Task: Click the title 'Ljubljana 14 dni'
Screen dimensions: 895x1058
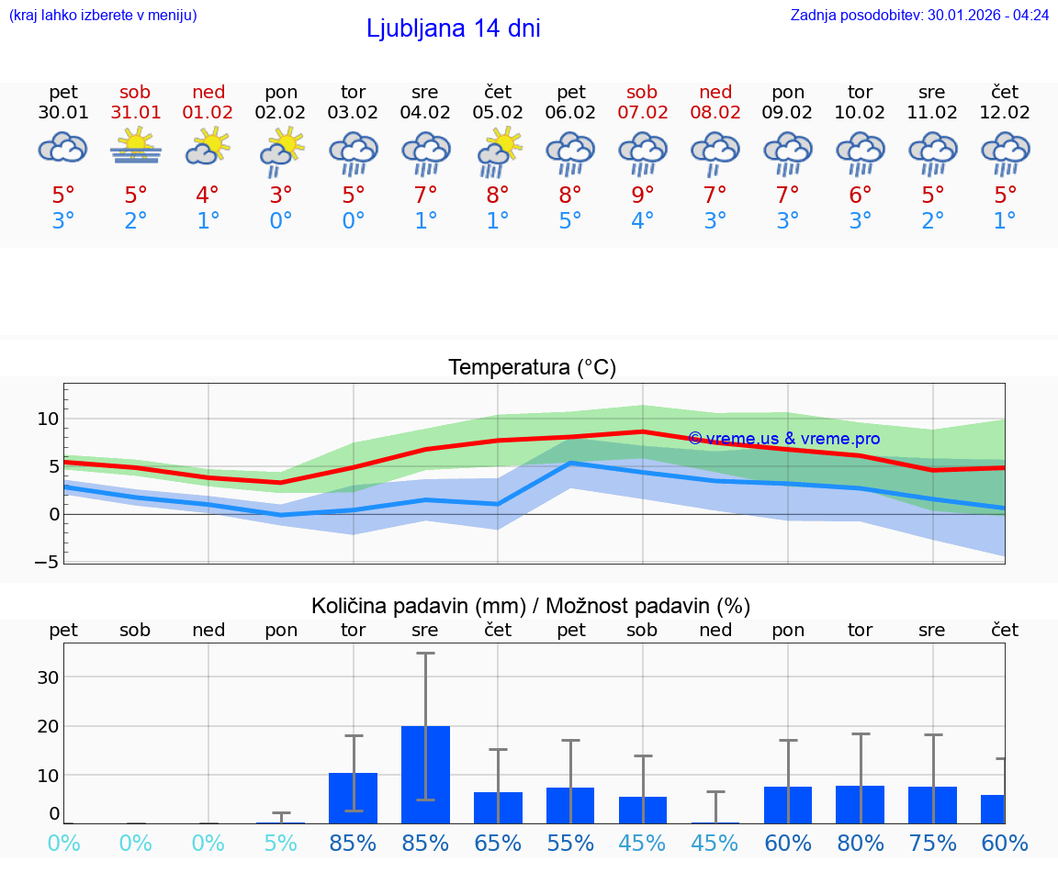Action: tap(453, 28)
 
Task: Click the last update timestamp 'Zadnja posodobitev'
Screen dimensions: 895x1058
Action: tap(919, 15)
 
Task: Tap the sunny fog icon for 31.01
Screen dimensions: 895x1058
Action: tap(136, 147)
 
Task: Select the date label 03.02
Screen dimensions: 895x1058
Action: tap(354, 113)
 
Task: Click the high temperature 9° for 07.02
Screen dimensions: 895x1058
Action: tap(643, 195)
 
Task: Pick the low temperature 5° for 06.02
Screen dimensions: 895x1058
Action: tap(570, 220)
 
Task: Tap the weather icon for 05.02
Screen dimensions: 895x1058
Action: tap(499, 151)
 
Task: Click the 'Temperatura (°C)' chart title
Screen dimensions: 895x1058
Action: tap(532, 368)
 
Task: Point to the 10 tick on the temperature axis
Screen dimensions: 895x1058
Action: tap(48, 420)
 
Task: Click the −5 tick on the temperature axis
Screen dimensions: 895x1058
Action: tap(47, 562)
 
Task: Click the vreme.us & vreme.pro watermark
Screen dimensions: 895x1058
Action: tap(783, 439)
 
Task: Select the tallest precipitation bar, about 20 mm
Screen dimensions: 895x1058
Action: tap(425, 775)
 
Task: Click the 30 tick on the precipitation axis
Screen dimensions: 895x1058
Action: tap(47, 677)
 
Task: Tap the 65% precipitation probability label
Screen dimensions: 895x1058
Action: tap(498, 843)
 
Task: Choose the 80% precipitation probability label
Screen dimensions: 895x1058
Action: tap(861, 843)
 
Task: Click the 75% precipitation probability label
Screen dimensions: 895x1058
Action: tap(933, 843)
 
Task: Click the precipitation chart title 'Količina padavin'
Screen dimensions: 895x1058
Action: tap(531, 606)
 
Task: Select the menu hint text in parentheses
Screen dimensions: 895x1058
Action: tap(103, 15)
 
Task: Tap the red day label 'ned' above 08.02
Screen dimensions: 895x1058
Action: tap(715, 92)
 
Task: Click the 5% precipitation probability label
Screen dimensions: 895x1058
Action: tap(281, 843)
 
